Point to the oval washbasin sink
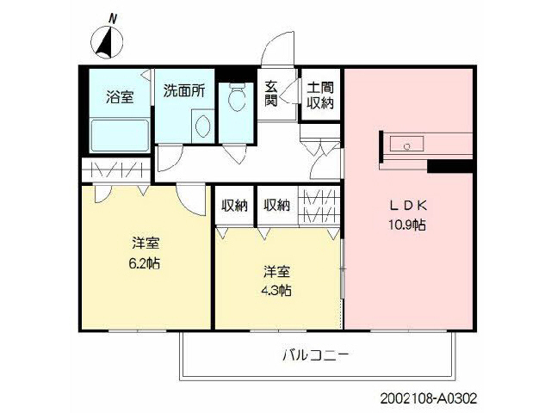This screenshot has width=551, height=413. (203, 127)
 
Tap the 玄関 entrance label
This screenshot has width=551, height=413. (271, 95)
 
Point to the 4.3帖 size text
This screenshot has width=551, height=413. (276, 289)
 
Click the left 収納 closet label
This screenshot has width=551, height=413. (234, 206)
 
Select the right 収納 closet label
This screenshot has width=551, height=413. (275, 206)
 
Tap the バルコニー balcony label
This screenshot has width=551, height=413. (315, 354)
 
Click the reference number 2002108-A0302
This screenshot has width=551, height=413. (427, 399)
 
